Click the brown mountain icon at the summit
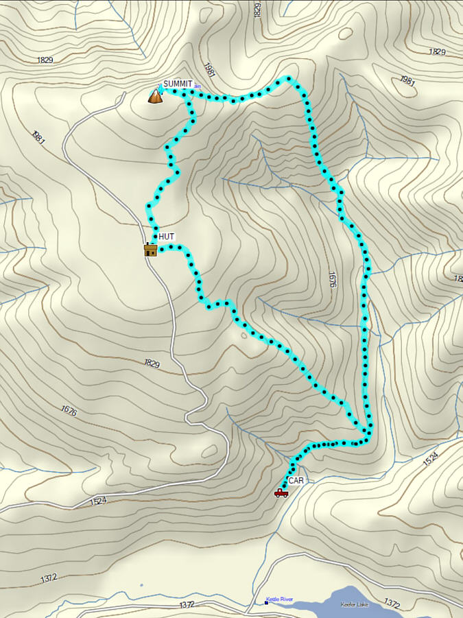[x=156, y=96]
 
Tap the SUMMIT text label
[x=178, y=84]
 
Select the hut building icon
[x=150, y=249]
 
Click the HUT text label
[x=167, y=237]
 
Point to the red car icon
[x=281, y=492]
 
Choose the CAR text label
[x=296, y=481]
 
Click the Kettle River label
[x=279, y=599]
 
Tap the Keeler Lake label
[x=356, y=604]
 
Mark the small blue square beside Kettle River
[x=266, y=603]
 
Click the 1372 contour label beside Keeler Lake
[x=392, y=604]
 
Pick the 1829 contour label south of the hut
[x=152, y=363]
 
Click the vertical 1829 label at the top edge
[x=257, y=10]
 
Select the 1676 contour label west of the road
[x=69, y=412]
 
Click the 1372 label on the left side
[x=48, y=578]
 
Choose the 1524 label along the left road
[x=99, y=501]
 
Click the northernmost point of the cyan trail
[x=289, y=78]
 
